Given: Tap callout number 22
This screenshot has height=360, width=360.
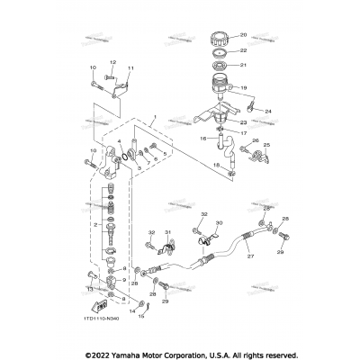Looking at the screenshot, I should click(242, 52).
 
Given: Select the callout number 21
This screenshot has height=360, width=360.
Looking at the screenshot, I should click(242, 67).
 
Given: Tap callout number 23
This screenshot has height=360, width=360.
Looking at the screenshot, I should click(241, 123).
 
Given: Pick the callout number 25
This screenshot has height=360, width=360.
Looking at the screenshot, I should click(253, 140).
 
